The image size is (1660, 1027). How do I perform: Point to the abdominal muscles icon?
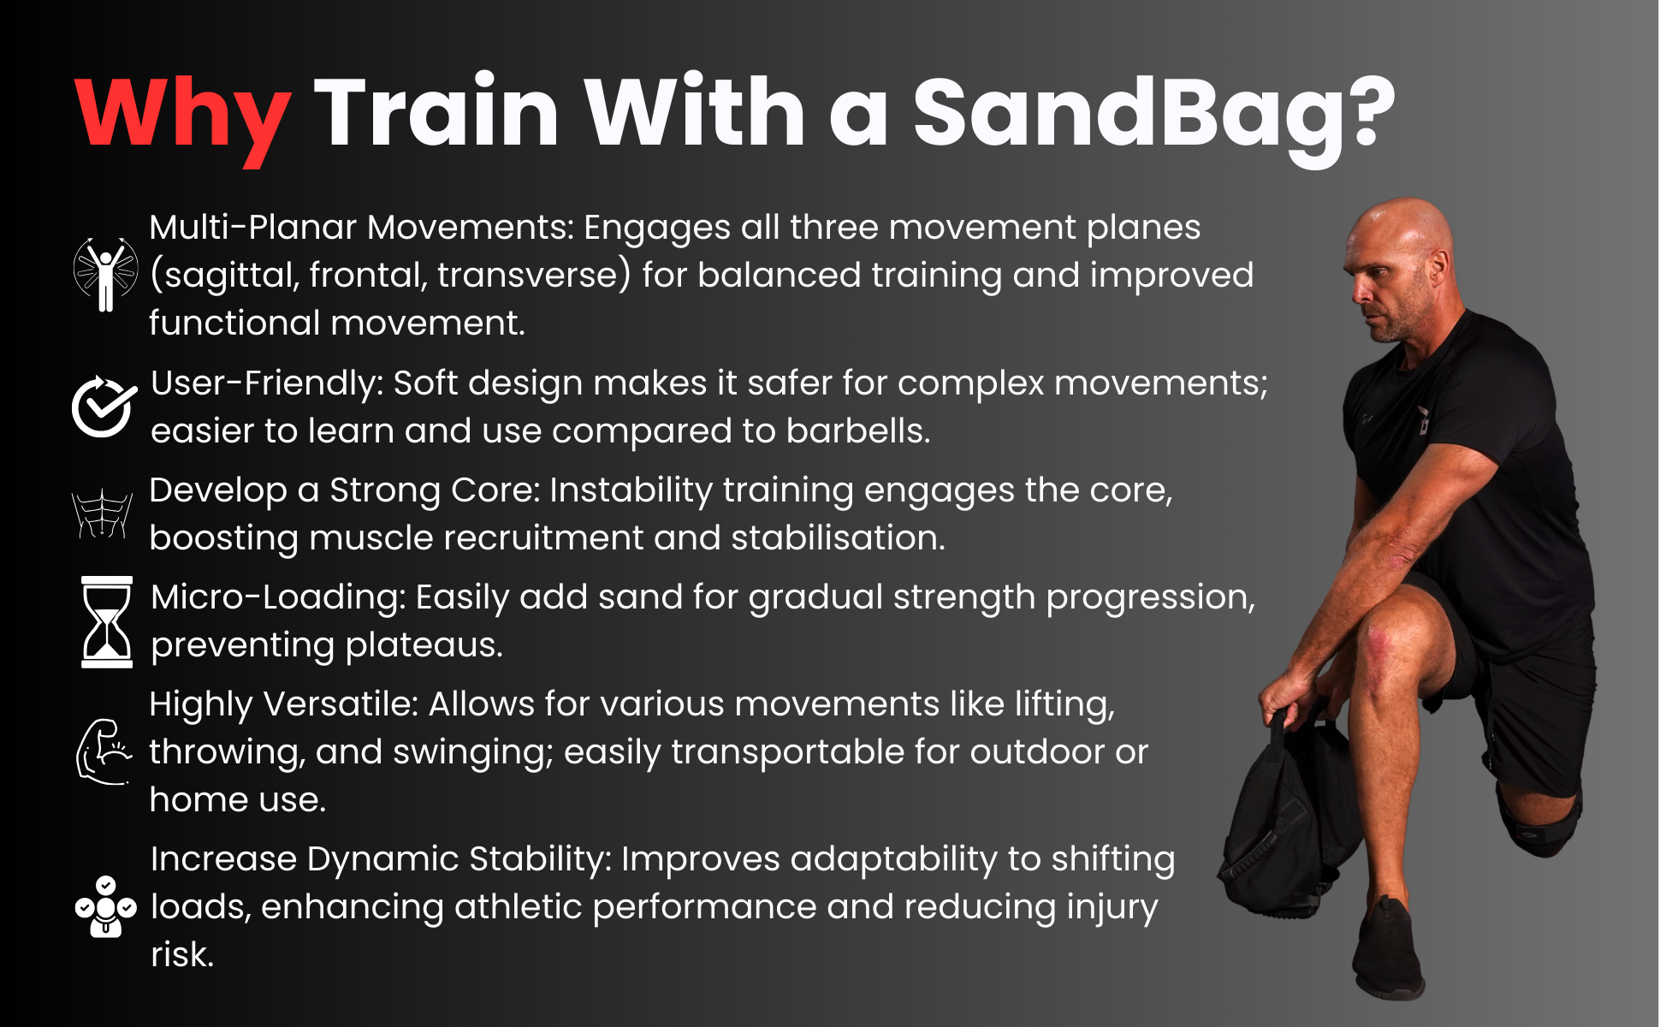[103, 514]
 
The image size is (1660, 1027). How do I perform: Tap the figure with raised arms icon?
[105, 274]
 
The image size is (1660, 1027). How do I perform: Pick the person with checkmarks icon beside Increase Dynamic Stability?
[105, 907]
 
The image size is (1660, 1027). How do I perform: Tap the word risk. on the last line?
[182, 955]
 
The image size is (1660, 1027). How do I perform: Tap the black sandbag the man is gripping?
[1284, 830]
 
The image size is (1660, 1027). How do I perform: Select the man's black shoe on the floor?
[1386, 950]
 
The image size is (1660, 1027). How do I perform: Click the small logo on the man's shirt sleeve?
[1422, 420]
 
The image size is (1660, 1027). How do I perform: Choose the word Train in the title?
[436, 116]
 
